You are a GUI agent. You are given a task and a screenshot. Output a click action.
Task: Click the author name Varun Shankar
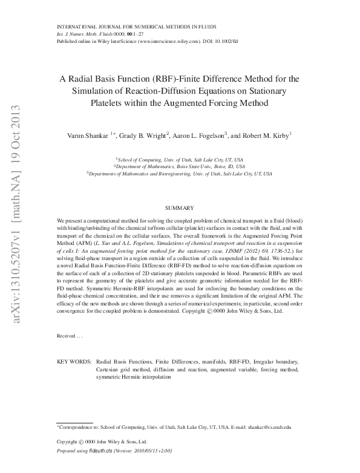[87, 136]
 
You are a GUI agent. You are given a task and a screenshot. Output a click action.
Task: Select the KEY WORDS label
[73, 361]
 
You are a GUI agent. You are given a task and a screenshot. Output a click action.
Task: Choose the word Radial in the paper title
[84, 79]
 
